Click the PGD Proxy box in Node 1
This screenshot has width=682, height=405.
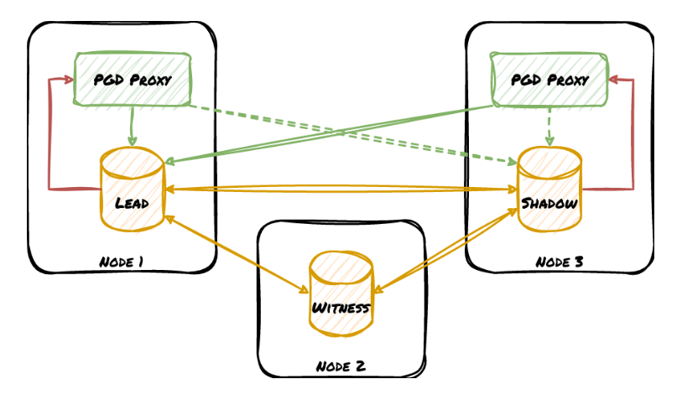coord(133,80)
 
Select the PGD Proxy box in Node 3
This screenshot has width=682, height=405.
coord(549,80)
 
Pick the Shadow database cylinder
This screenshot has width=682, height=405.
coord(549,189)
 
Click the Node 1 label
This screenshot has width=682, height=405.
coord(122,262)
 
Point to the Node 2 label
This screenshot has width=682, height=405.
coord(341,366)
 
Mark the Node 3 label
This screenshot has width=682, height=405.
coord(560,262)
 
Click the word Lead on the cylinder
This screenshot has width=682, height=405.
coord(133,202)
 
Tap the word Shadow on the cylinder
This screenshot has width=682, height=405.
coord(549,203)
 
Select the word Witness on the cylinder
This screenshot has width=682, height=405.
coord(341,308)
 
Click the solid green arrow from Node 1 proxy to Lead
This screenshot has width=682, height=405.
coord(133,126)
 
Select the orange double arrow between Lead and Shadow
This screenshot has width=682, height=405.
coord(341,190)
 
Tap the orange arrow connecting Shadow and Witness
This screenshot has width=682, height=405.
coord(445,250)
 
